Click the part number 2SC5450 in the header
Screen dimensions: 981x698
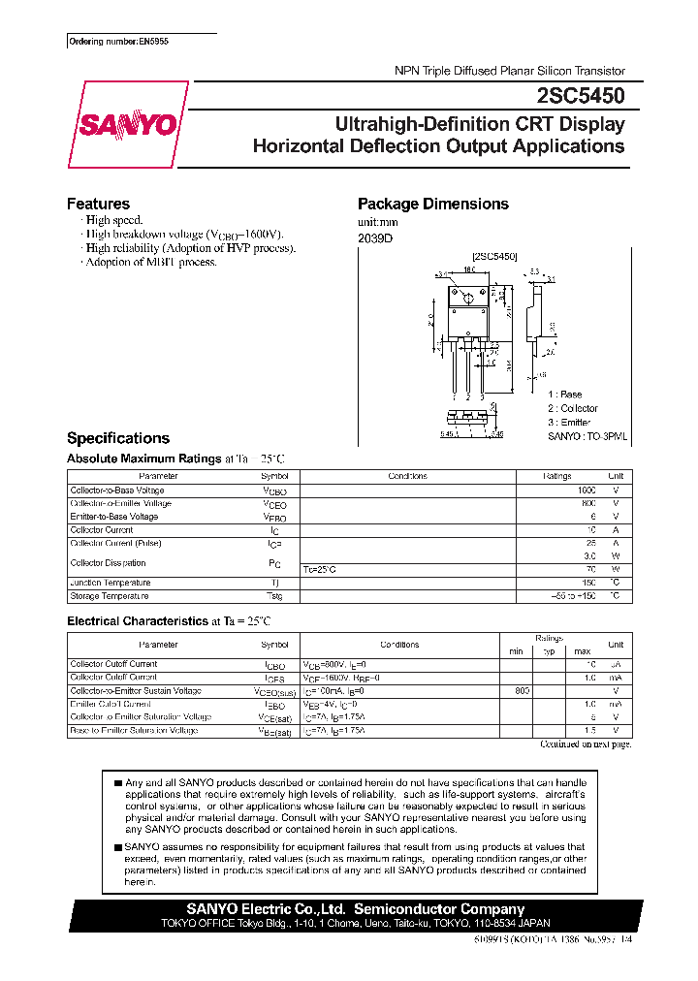click(580, 96)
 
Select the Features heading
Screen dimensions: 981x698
click(98, 204)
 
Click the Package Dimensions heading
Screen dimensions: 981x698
click(432, 204)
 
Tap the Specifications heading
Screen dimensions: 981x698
click(117, 438)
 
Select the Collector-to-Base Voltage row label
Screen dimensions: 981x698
click(116, 490)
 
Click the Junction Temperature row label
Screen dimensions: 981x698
click(111, 583)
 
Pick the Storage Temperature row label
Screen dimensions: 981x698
click(110, 596)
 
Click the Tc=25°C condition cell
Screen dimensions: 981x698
click(322, 569)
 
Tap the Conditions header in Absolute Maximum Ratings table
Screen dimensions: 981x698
click(407, 477)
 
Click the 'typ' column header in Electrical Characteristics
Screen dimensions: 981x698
click(548, 650)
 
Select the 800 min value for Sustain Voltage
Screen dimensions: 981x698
click(523, 690)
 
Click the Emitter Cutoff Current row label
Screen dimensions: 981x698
click(111, 704)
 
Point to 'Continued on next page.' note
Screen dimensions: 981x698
click(585, 744)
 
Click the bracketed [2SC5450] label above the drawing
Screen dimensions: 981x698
click(494, 256)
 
